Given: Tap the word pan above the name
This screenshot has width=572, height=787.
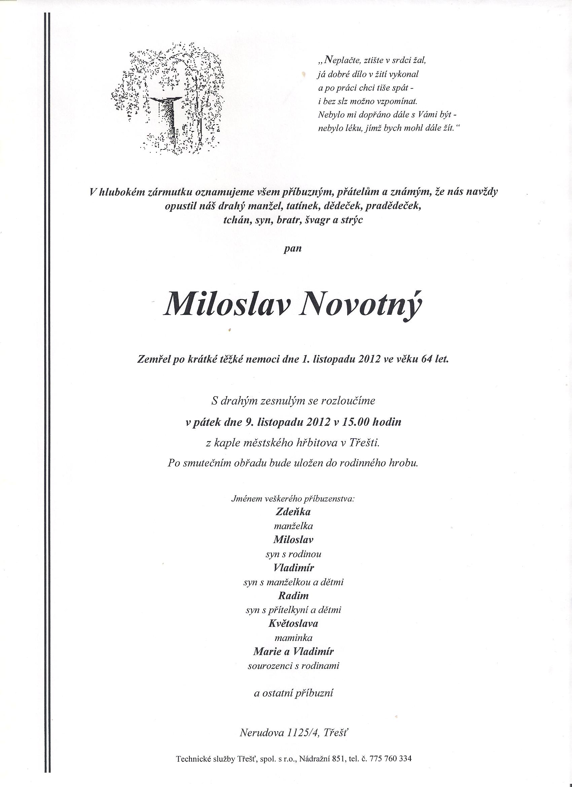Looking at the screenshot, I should pos(293,248).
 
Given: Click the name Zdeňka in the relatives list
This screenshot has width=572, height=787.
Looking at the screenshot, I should pos(293,511).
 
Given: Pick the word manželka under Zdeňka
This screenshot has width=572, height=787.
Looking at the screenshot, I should pos(293,526).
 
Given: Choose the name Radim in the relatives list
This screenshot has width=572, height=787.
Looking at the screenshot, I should pos(293,595).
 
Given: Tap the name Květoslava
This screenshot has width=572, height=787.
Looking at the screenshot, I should pos(293,623).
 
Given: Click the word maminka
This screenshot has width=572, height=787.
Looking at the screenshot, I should pos(293,638).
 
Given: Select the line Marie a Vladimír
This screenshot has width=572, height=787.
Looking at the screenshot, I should pos(293,651).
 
